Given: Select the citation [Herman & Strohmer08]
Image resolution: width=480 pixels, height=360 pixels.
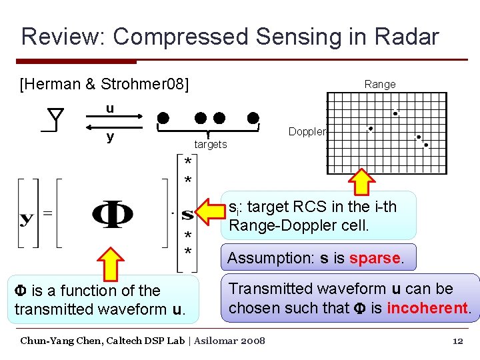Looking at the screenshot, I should pyautogui.click(x=105, y=84).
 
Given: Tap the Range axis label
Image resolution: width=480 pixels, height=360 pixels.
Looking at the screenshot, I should pyautogui.click(x=379, y=84).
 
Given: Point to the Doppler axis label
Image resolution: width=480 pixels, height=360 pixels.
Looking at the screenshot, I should pyautogui.click(x=307, y=131).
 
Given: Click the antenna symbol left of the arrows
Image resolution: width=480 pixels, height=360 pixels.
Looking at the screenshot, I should pyautogui.click(x=55, y=121).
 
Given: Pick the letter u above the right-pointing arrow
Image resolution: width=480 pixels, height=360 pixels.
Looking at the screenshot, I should pyautogui.click(x=109, y=109).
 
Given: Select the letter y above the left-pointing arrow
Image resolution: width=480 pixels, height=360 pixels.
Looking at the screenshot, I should pyautogui.click(x=109, y=137).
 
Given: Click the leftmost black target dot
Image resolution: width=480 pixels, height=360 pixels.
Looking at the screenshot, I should pyautogui.click(x=163, y=119).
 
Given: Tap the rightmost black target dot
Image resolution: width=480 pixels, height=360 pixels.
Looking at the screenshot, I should pyautogui.click(x=253, y=119).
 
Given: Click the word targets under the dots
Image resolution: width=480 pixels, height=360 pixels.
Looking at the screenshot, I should pyautogui.click(x=210, y=144).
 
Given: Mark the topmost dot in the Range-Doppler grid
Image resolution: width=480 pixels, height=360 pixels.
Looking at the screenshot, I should pyautogui.click(x=395, y=113).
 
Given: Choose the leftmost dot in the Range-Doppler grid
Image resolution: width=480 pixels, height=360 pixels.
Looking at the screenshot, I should pyautogui.click(x=370, y=129).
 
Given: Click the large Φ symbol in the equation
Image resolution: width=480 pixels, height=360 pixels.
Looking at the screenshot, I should pyautogui.click(x=111, y=214).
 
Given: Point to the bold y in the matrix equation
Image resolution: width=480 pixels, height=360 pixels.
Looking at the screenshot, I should pyautogui.click(x=29, y=218).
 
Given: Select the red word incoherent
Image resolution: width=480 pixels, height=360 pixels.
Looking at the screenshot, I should pyautogui.click(x=429, y=308).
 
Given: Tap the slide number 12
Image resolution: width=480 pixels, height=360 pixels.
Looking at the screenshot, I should pyautogui.click(x=457, y=341).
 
